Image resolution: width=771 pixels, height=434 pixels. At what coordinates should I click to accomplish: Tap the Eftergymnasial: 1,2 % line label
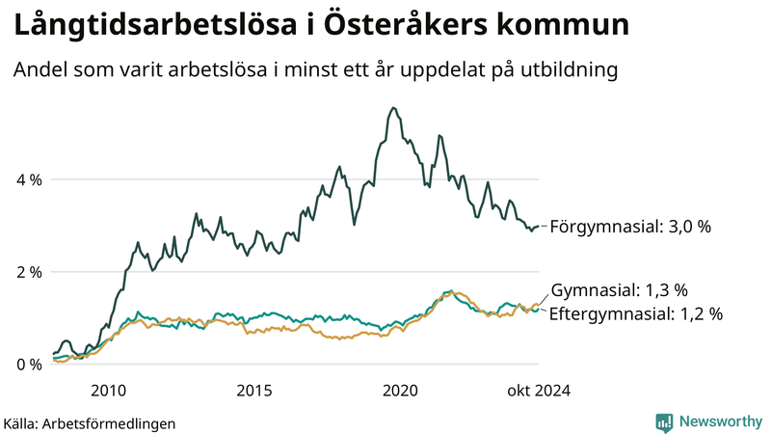[635, 313]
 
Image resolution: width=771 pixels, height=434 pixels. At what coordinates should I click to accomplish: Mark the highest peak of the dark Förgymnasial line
[391, 108]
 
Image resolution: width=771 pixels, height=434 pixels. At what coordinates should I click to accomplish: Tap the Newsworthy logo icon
[664, 421]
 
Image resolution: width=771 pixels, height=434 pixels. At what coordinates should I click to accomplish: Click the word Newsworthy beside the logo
[720, 421]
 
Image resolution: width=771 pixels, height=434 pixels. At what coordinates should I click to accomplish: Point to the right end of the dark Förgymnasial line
[538, 227]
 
